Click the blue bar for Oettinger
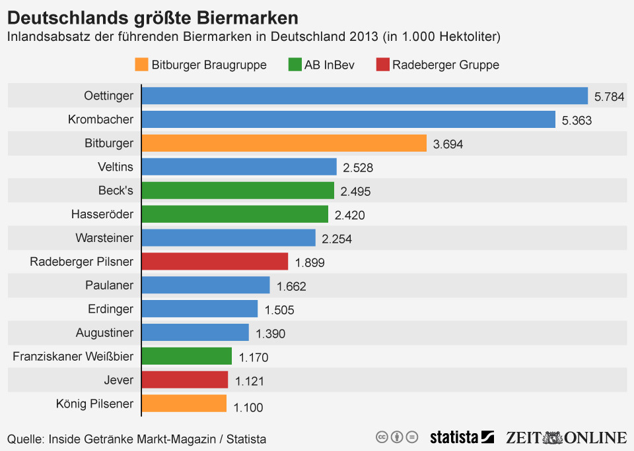[365, 96]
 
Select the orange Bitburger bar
[284, 143]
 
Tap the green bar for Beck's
[238, 191]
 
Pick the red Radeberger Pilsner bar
[215, 262]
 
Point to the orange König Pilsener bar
[184, 404]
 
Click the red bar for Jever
[185, 380]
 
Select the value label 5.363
[576, 121]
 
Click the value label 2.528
[357, 168]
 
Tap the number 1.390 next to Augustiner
[270, 334]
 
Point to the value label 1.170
[253, 357]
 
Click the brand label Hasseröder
[102, 214]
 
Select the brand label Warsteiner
[104, 238]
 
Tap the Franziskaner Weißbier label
[73, 357]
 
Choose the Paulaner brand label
[109, 286]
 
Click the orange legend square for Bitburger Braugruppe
[141, 65]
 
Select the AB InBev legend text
[329, 65]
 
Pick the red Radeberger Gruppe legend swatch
[382, 65]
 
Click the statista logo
[462, 437]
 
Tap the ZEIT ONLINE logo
[566, 437]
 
